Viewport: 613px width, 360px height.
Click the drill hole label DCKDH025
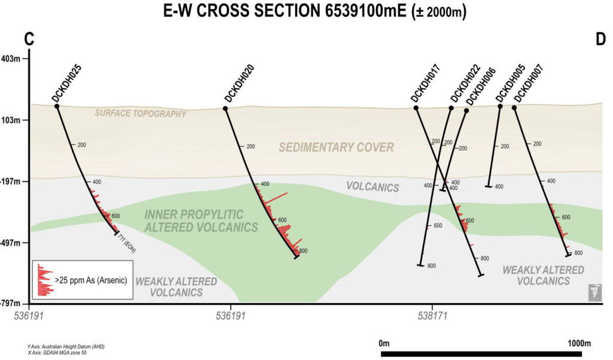(67, 83)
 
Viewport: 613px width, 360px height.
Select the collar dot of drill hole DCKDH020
(225, 108)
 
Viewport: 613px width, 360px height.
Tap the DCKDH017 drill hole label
(426, 83)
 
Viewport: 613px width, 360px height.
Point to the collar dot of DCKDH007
(514, 108)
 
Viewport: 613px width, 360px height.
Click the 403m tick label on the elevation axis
(11, 59)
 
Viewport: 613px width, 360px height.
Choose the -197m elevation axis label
(10, 181)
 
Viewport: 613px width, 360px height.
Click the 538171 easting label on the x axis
(432, 316)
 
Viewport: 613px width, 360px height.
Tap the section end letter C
(29, 39)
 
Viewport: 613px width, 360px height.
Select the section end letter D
(600, 39)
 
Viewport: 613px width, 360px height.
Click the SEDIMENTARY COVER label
(336, 147)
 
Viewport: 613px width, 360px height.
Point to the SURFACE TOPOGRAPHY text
(140, 113)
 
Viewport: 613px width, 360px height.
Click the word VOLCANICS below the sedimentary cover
(372, 187)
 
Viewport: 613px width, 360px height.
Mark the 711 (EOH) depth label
(127, 245)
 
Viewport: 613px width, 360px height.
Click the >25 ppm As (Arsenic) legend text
(91, 280)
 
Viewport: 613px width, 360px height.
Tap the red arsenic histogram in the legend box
(44, 280)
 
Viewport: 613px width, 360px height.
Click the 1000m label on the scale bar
(579, 344)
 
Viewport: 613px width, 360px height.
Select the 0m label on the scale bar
(384, 344)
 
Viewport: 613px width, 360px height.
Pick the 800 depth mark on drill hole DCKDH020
(303, 251)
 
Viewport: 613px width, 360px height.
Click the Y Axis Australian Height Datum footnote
(66, 347)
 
